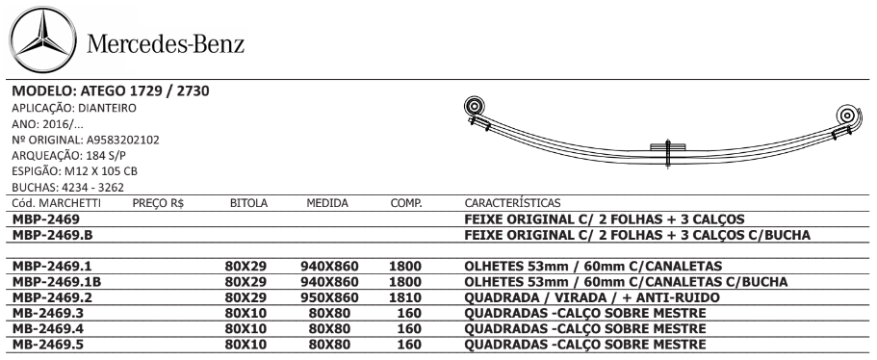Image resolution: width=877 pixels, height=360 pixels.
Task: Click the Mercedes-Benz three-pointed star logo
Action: [43, 40]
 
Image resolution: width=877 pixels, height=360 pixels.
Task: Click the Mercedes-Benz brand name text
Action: [166, 43]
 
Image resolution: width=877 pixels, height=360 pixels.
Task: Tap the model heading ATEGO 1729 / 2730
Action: [145, 91]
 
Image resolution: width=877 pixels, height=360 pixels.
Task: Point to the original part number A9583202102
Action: [123, 140]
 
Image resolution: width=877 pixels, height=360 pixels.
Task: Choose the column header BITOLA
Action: [249, 203]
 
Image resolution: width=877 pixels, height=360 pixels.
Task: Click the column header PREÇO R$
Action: [158, 203]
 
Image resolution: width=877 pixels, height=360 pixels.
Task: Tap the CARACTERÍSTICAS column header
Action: [512, 203]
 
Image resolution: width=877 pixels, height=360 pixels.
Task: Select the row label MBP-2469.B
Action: [52, 235]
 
